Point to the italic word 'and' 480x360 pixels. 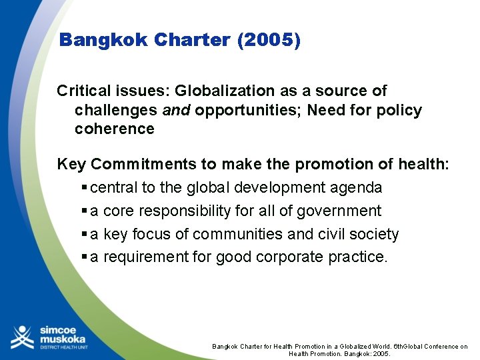(177, 110)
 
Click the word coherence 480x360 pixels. (114, 129)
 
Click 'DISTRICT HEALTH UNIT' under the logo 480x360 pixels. (63, 349)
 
